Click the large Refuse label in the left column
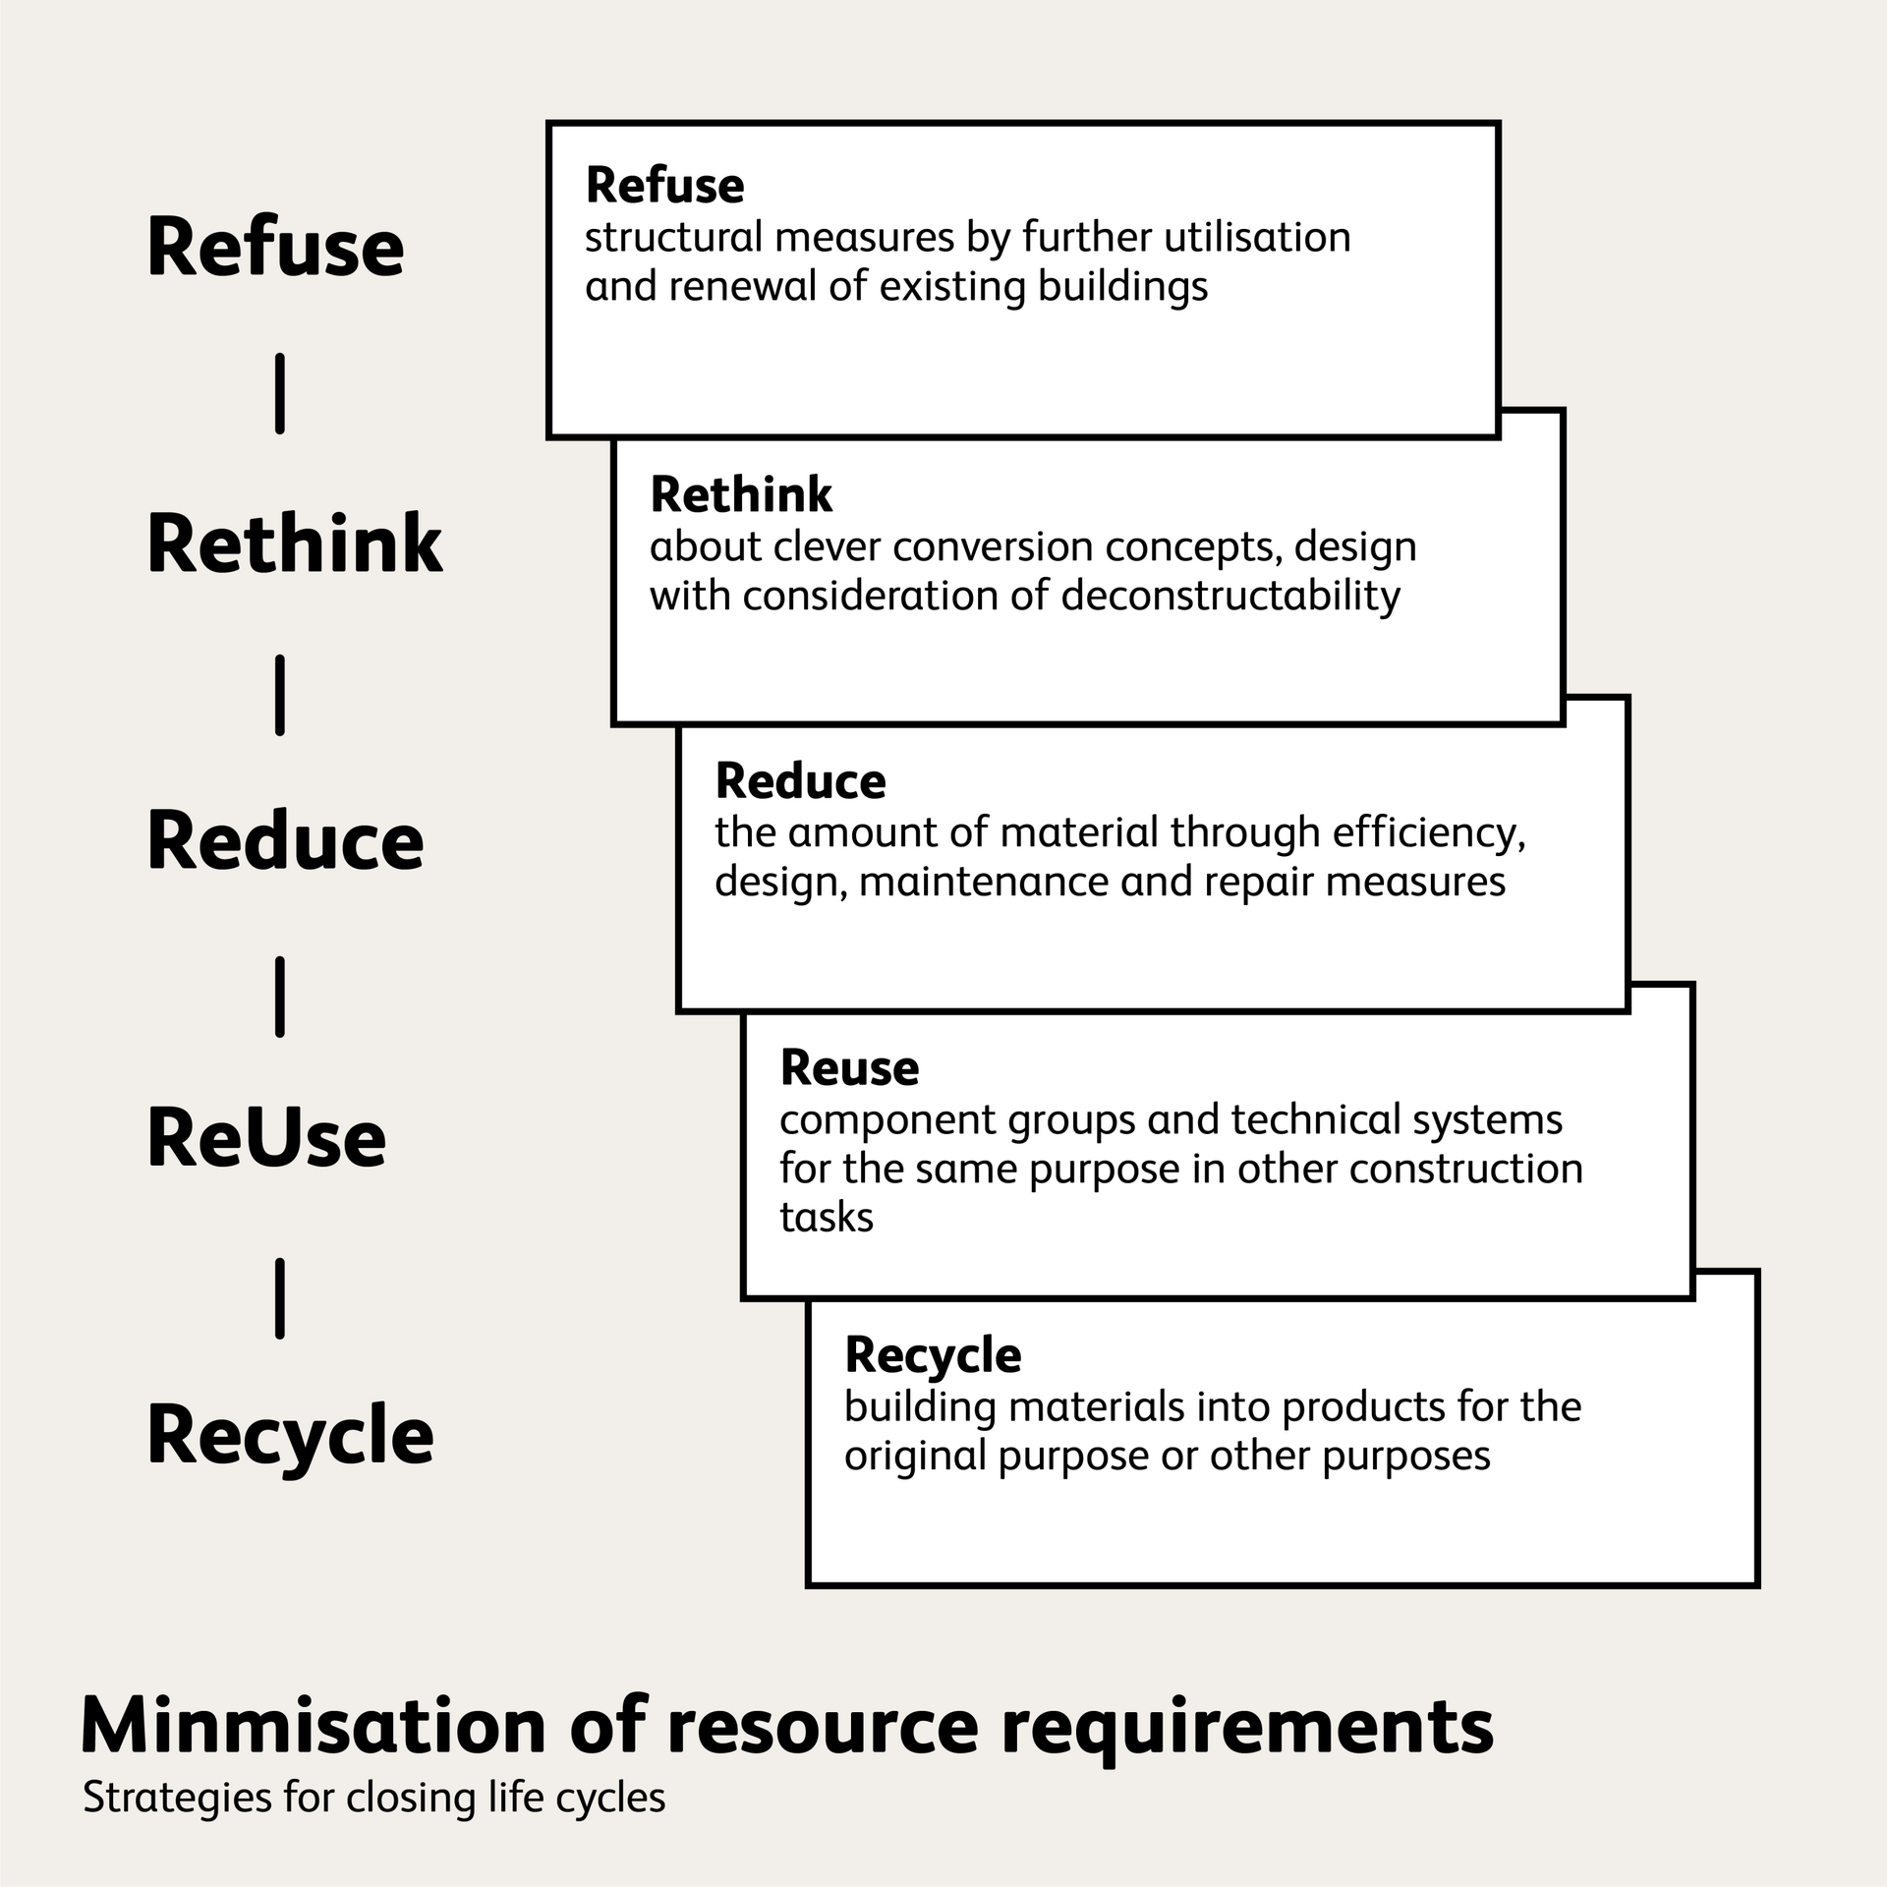point(275,247)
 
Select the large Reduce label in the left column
point(285,841)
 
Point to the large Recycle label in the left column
point(290,1439)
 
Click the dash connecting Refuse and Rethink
point(280,393)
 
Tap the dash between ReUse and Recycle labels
point(280,1297)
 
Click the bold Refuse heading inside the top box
point(664,186)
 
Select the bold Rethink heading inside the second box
point(741,494)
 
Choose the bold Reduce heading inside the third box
point(800,781)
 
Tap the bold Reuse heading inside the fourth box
point(849,1068)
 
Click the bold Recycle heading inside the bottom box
point(933,1357)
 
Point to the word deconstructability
point(1230,597)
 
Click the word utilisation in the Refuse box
point(1257,237)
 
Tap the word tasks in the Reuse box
point(827,1218)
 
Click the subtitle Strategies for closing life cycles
point(373,1798)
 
